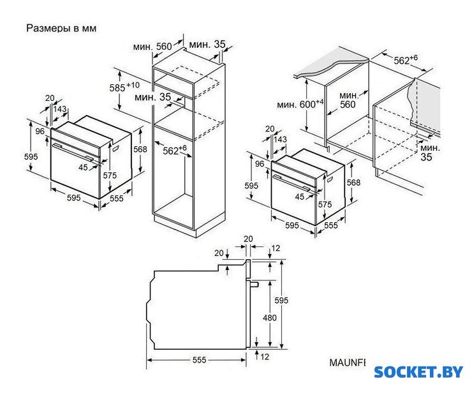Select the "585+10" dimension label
pos(124,87)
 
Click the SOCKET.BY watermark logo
pos(418,372)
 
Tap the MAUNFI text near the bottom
pos(348,363)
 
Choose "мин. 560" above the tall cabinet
pos(153,46)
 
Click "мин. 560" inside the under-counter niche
pos(348,100)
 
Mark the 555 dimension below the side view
pos(199,361)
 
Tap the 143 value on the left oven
pos(61,109)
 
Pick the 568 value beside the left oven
pos(140,149)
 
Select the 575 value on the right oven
pos(325,204)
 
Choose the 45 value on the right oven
pos(300,197)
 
